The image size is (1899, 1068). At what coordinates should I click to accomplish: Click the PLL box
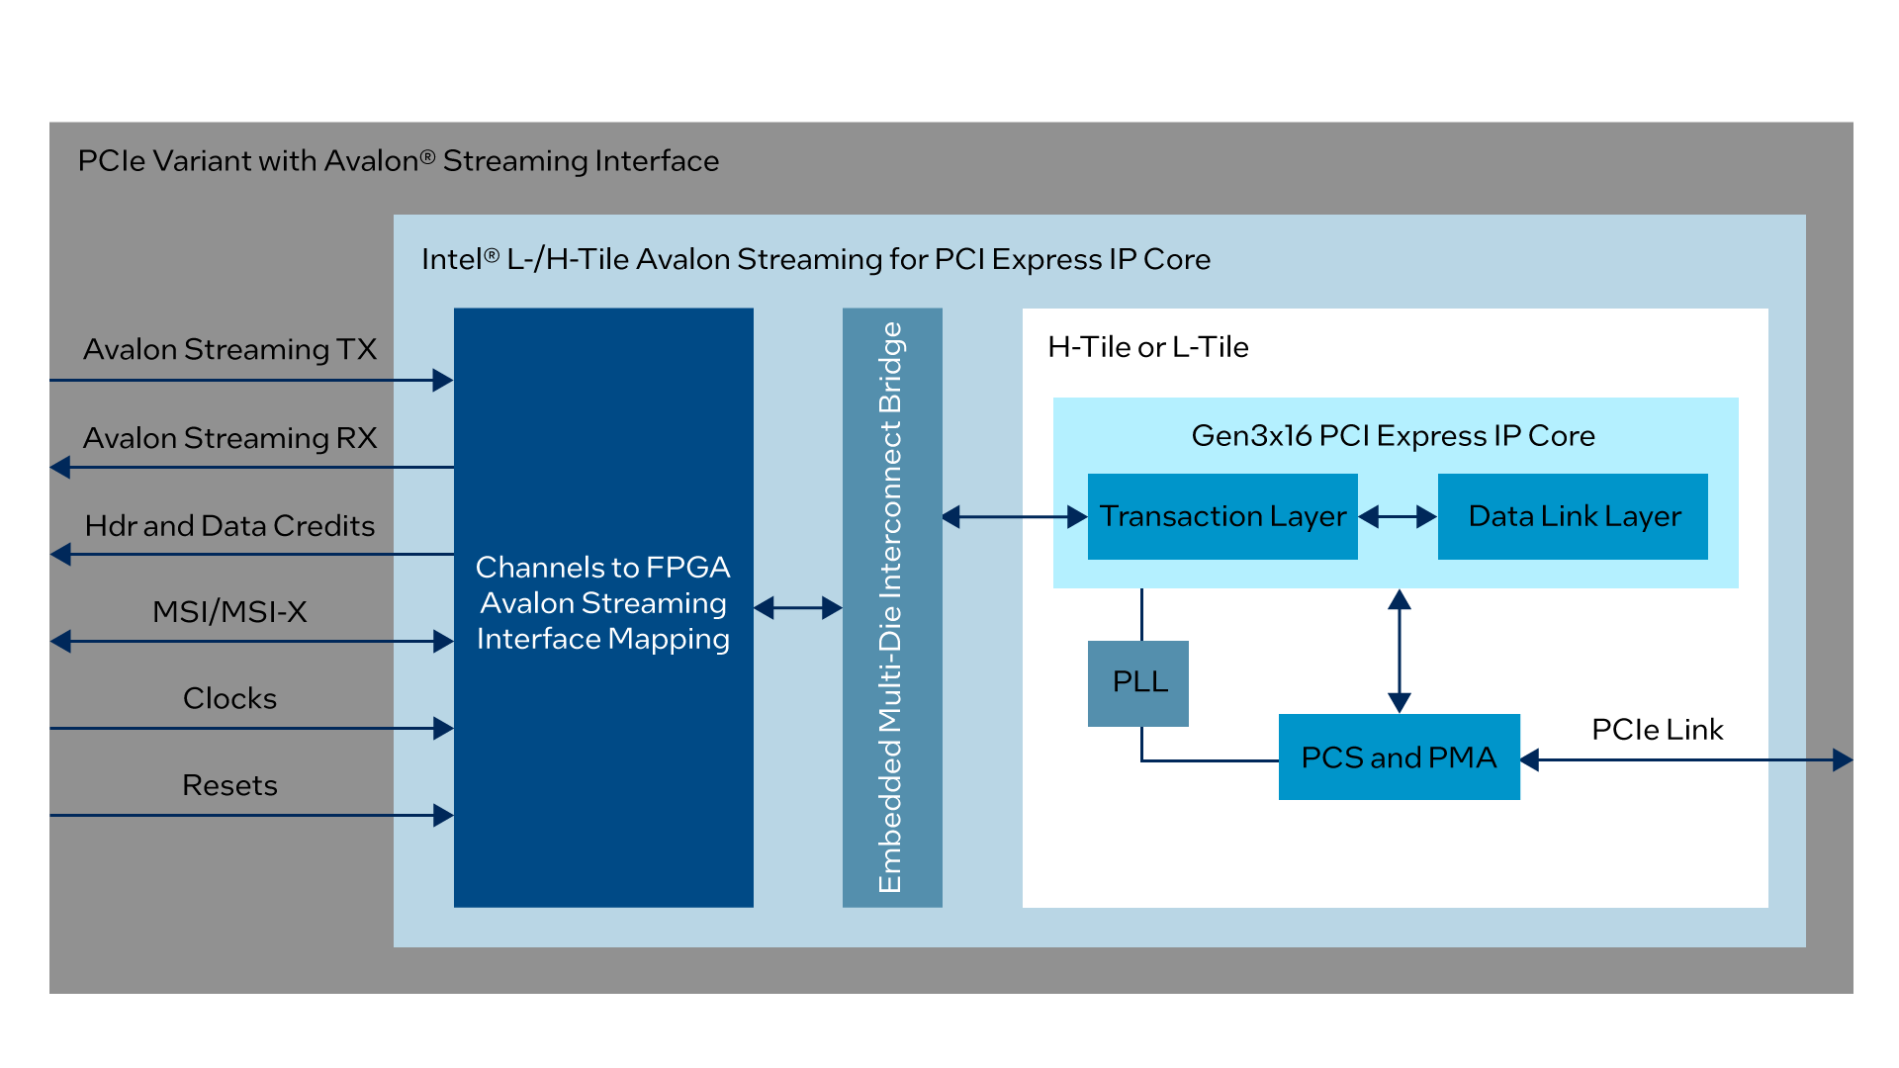1138,682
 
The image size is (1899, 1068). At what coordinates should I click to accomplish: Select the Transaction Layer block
1222,516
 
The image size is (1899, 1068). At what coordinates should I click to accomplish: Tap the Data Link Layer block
1573,516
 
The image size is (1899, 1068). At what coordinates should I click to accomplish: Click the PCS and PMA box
1399,757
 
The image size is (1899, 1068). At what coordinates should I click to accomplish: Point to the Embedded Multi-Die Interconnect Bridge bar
892,607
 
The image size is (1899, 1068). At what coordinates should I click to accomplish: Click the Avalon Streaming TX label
229,349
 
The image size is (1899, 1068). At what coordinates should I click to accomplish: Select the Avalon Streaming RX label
229,438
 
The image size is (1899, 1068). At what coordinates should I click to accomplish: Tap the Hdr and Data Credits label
229,525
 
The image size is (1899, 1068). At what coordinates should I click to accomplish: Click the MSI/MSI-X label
229,612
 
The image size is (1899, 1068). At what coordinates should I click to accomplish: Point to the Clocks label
229,698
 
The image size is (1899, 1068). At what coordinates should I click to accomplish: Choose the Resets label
229,785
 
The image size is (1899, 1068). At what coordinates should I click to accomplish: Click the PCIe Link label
1657,730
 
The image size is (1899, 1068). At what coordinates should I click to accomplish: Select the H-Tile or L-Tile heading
1147,347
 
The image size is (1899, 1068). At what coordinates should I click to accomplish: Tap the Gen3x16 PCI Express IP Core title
1393,436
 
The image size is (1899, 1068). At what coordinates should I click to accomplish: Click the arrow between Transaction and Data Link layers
1398,516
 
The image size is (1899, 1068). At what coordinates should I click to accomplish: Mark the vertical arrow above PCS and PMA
1400,651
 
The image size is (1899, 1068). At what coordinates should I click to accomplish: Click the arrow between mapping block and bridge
798,608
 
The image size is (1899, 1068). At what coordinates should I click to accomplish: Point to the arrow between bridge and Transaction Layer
1015,516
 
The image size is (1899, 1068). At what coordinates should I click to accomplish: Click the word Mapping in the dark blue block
669,639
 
